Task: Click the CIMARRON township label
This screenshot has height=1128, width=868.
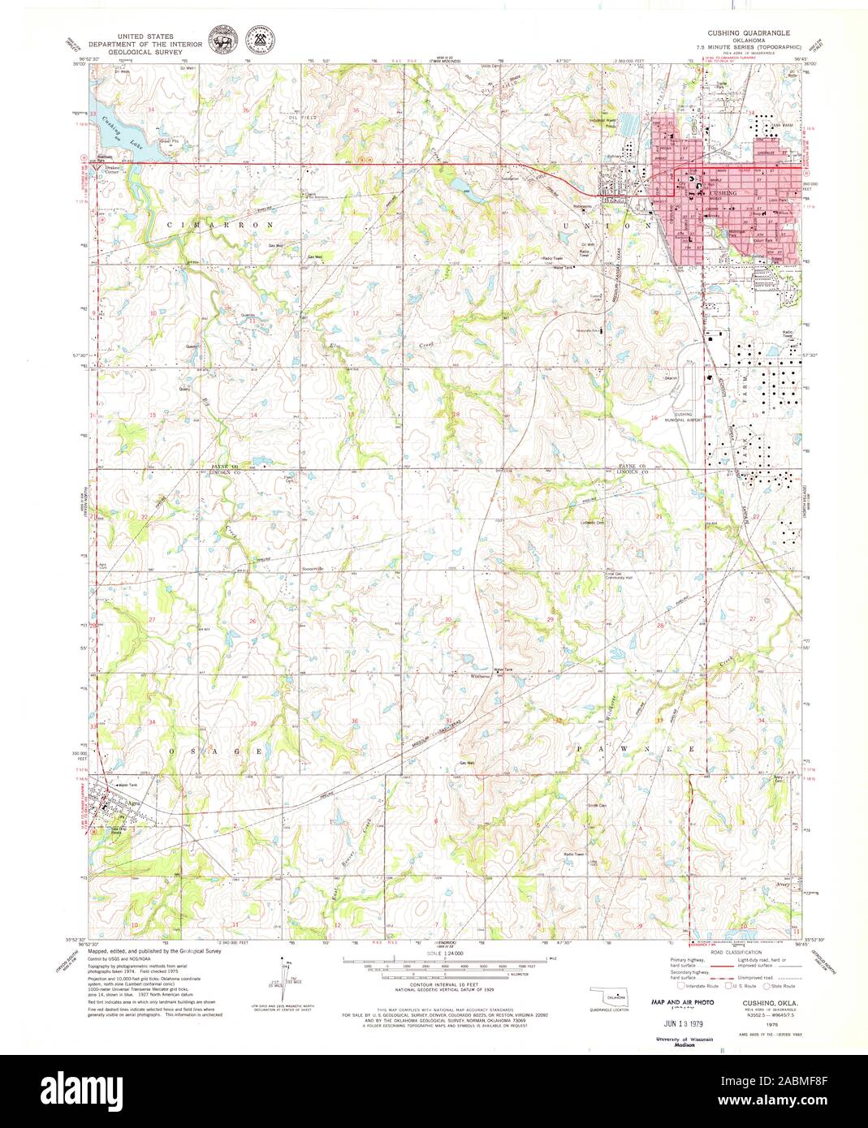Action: coord(201,222)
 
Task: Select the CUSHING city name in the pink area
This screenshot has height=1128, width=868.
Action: coord(722,193)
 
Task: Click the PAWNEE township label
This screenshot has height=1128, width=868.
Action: coord(636,749)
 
